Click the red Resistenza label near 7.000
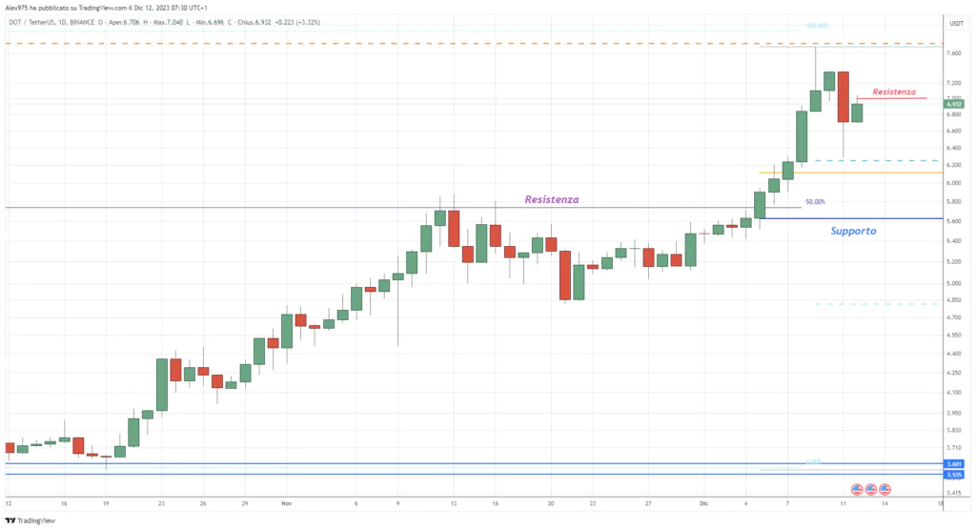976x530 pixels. tap(893, 92)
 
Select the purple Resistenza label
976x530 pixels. tap(552, 199)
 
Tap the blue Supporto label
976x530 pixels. tap(853, 231)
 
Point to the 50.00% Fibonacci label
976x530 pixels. tap(815, 202)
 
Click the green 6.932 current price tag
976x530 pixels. tap(954, 104)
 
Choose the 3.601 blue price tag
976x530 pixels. tap(953, 463)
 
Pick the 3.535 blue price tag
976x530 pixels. tap(953, 474)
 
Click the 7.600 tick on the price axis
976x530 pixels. tap(953, 53)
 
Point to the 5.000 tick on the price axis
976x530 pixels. tap(953, 283)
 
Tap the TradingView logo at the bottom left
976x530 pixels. tap(30, 520)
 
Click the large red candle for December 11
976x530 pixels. tap(844, 96)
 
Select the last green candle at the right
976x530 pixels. tap(857, 112)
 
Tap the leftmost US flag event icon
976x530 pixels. tap(856, 489)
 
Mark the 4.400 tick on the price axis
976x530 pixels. tap(953, 354)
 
